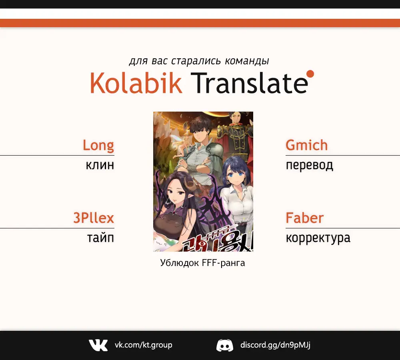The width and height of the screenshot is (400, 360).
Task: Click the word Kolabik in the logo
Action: pos(136,83)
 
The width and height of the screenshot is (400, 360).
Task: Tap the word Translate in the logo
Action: pos(249,83)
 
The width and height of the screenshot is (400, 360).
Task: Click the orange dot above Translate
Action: pos(310,74)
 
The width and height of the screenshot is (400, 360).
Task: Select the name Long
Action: pos(98,146)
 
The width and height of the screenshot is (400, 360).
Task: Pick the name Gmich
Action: pos(307,145)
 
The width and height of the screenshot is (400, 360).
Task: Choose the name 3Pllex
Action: pos(94,218)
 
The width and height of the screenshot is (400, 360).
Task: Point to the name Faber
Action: pos(304,218)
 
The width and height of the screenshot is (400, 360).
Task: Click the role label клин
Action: pos(100,165)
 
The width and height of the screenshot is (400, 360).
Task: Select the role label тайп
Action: pos(100,238)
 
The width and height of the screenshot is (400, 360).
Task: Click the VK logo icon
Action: pos(98,345)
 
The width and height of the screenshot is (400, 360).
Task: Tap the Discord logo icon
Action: pos(225,345)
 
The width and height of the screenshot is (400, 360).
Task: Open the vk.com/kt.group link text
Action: pos(143,345)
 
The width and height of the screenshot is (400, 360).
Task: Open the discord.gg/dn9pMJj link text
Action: pos(275,345)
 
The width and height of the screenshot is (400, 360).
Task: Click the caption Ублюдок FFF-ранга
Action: pos(202,263)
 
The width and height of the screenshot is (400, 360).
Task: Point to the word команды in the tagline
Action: pos(247,61)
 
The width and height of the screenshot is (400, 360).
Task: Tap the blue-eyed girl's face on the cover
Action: pos(236,176)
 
